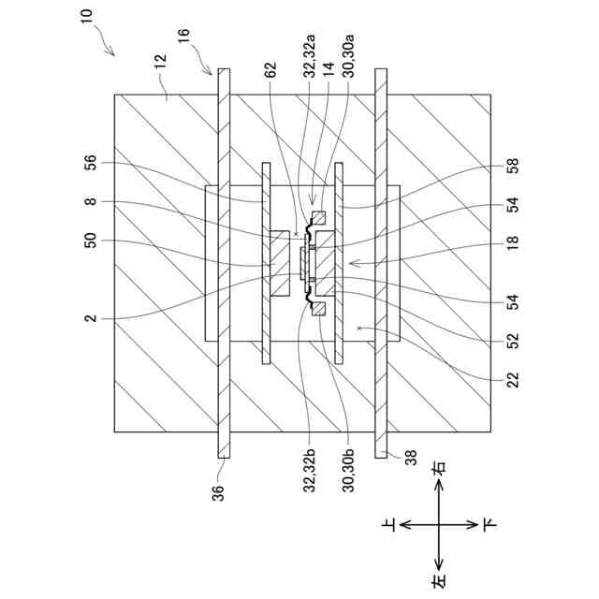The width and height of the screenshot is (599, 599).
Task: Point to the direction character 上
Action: [x=390, y=526]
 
